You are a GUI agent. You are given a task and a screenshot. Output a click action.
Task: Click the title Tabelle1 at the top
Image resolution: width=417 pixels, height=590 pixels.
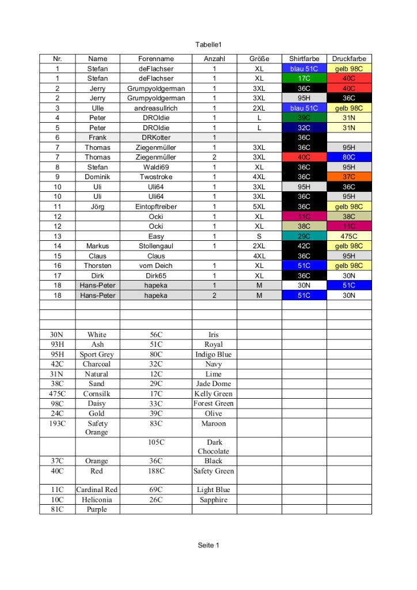[208, 44]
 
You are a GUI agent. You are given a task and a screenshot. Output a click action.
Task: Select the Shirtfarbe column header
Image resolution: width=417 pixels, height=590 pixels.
[304, 59]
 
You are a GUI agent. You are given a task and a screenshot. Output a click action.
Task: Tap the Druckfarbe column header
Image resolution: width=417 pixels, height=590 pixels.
[349, 59]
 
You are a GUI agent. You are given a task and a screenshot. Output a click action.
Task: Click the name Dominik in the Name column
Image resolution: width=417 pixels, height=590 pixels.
[97, 177]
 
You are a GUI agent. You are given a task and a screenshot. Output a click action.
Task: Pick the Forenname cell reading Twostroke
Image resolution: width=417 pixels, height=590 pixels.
[156, 177]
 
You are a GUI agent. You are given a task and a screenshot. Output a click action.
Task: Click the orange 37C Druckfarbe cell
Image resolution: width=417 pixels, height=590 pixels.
[349, 177]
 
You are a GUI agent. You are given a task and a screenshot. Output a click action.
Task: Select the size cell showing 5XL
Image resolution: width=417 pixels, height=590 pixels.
[259, 206]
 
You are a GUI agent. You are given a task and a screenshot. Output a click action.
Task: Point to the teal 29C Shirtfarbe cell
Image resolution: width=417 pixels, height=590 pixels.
[304, 236]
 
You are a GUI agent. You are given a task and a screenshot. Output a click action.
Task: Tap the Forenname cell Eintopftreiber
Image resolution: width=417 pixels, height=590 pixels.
[156, 206]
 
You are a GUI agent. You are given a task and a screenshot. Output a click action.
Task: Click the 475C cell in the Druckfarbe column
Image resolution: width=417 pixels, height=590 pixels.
[349, 236]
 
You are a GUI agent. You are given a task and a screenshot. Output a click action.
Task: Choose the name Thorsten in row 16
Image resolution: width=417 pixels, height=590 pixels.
[97, 266]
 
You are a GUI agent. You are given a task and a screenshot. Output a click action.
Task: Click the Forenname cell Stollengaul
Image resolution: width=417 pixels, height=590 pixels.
[156, 246]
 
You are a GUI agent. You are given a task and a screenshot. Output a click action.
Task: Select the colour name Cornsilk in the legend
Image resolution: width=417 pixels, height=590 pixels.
[97, 394]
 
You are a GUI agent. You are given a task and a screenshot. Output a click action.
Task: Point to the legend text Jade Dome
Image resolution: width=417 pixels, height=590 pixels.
[214, 384]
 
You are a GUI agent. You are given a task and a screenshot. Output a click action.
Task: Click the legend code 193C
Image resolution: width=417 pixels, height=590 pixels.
[57, 423]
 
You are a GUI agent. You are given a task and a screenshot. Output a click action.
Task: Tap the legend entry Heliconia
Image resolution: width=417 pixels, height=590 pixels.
[97, 500]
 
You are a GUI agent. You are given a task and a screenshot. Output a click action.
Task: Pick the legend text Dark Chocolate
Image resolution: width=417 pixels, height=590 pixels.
[214, 447]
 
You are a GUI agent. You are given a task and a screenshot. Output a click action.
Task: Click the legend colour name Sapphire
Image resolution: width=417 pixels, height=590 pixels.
[214, 500]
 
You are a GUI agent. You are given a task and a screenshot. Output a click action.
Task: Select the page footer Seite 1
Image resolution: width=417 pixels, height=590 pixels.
[208, 545]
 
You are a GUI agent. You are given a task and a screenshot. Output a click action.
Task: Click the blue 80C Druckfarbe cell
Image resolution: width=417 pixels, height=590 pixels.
[349, 157]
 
